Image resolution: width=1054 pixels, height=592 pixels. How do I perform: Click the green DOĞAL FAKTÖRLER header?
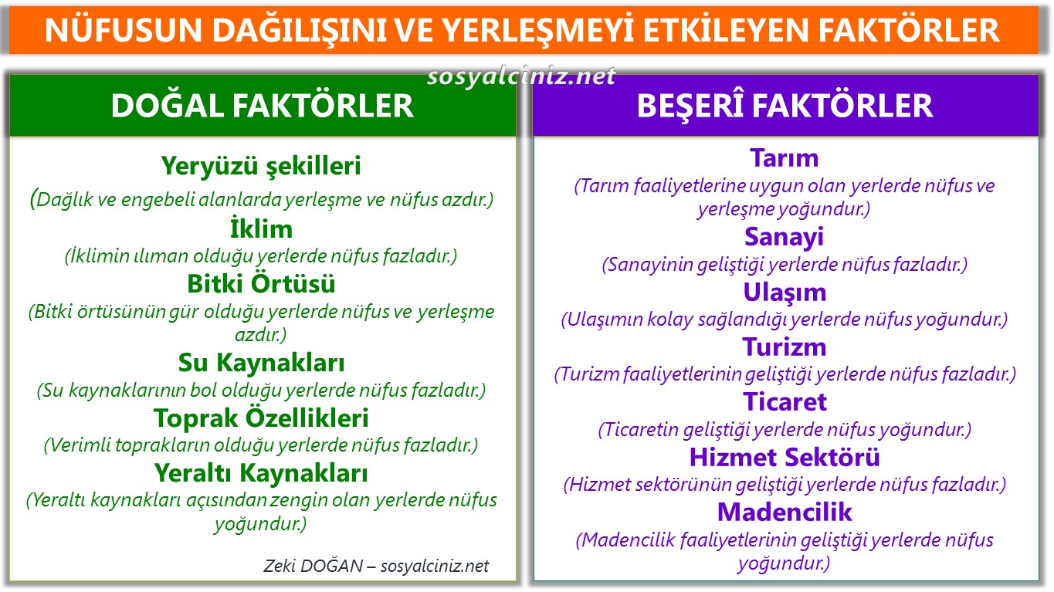[262, 106]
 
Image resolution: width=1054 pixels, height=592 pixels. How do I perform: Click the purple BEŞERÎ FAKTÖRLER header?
[785, 106]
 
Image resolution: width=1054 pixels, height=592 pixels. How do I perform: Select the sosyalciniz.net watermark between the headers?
[522, 76]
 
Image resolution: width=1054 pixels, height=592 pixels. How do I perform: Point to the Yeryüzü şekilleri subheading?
[261, 165]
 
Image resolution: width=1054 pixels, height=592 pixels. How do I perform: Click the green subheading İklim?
[261, 229]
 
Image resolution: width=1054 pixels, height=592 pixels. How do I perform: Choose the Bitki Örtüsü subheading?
[261, 284]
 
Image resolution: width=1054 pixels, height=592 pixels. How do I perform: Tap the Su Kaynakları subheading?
[261, 363]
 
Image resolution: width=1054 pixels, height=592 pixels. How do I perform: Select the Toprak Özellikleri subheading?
[261, 418]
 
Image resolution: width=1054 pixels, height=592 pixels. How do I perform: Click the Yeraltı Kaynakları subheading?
[261, 472]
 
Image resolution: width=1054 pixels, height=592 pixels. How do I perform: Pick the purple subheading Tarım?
[785, 158]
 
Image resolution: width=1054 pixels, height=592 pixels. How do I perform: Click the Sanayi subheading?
[785, 237]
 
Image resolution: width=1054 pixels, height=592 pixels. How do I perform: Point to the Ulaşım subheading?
[785, 293]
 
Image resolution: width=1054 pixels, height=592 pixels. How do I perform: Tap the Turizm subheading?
[785, 347]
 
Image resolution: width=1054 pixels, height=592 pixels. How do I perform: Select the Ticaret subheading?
[785, 402]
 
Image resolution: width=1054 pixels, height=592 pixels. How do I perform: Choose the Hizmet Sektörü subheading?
[785, 457]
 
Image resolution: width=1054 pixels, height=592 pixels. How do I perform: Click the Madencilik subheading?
[785, 512]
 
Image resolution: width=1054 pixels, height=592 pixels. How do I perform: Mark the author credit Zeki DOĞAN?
[313, 566]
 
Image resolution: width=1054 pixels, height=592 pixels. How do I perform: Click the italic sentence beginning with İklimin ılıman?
[261, 256]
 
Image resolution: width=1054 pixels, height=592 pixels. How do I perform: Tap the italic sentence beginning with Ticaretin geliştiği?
[785, 430]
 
